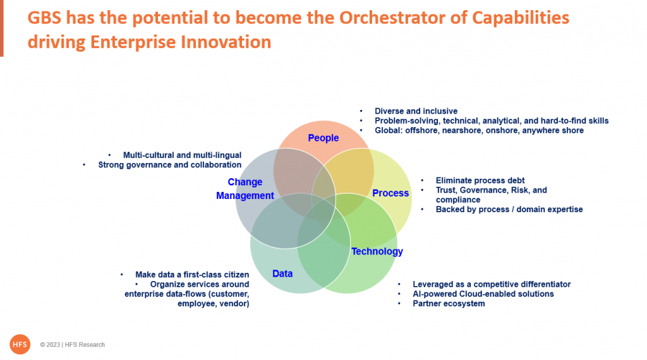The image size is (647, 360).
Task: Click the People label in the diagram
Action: tap(323, 138)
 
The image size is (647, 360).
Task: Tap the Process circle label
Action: tap(390, 193)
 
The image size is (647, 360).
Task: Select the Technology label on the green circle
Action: tap(377, 251)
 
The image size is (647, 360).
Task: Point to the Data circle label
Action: tap(282, 273)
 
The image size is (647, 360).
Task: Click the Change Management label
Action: tap(245, 189)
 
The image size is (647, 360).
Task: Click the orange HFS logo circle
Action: tap(20, 344)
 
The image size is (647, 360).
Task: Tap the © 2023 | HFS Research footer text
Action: tap(72, 345)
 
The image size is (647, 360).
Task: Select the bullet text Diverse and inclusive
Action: tap(416, 111)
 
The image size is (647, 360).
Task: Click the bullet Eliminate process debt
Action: tap(480, 180)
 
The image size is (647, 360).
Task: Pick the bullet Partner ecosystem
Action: tap(449, 304)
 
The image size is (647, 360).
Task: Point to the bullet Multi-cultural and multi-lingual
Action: tap(182, 155)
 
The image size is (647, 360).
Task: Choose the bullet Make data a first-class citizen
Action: tap(192, 275)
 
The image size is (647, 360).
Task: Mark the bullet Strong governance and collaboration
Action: tap(169, 165)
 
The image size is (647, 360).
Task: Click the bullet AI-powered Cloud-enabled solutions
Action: tap(483, 294)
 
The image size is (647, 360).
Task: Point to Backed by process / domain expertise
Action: tap(509, 210)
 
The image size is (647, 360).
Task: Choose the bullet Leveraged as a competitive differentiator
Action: tap(492, 284)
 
